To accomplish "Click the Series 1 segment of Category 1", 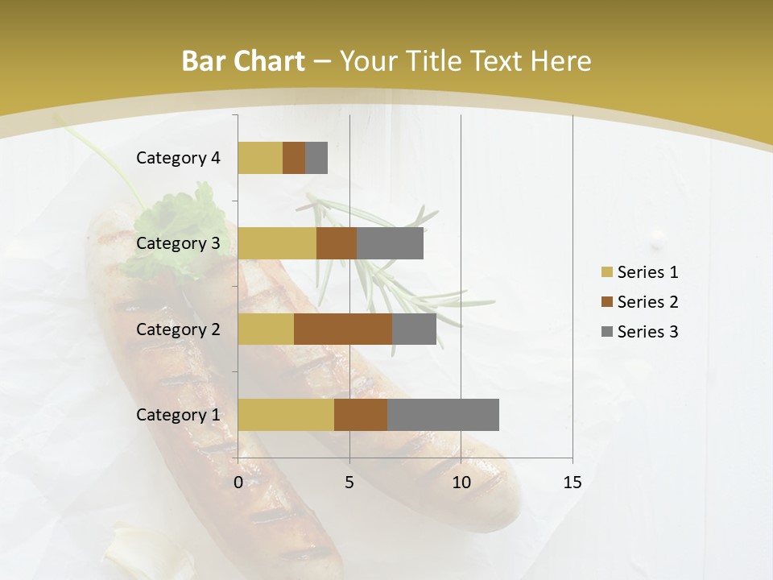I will (x=286, y=415).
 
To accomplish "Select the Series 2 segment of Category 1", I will (x=361, y=415).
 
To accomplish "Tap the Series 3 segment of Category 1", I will (x=443, y=415).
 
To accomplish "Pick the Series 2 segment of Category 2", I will (x=343, y=329).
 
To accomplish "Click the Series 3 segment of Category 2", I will (x=414, y=329).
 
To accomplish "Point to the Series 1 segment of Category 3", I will (x=277, y=243).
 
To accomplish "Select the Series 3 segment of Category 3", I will (x=390, y=243).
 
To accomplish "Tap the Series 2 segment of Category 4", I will (x=294, y=158).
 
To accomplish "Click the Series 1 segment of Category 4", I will (x=260, y=158).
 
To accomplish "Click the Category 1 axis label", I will (x=177, y=415).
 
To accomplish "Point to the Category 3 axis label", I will (x=177, y=243).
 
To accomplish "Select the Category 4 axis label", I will (x=177, y=158).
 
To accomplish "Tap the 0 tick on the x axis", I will (x=238, y=483).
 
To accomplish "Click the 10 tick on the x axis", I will (x=461, y=483).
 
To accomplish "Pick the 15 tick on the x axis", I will (x=573, y=483).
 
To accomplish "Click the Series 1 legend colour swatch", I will (x=606, y=272).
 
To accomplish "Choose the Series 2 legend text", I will (x=647, y=302).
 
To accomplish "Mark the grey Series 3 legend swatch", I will (x=606, y=332).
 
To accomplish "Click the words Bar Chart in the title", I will (x=242, y=61).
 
